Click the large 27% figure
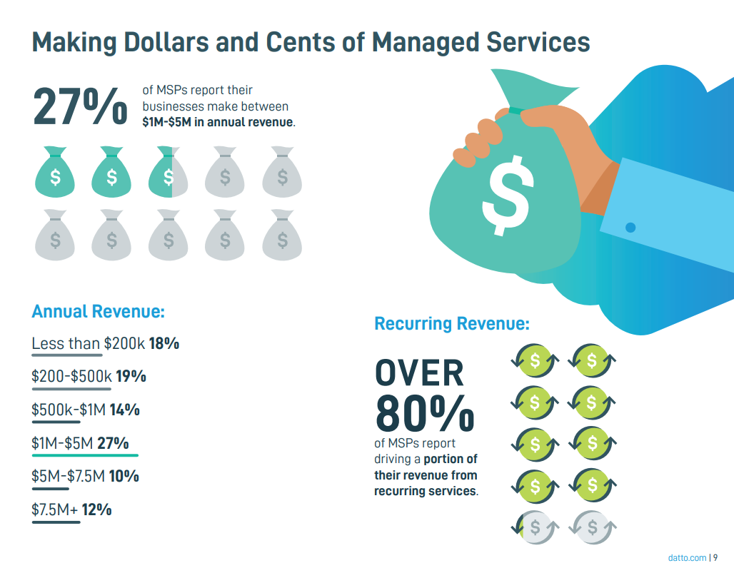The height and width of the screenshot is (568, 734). click(x=79, y=106)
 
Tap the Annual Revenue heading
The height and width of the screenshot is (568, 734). click(x=99, y=312)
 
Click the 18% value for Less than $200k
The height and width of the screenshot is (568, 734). click(x=164, y=344)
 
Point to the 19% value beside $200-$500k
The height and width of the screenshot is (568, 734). click(x=131, y=376)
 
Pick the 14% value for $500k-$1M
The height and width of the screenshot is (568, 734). click(x=124, y=410)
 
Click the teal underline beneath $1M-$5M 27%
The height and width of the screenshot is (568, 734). click(x=85, y=455)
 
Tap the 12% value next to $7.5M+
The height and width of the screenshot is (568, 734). click(x=96, y=509)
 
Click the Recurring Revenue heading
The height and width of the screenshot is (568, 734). click(x=452, y=324)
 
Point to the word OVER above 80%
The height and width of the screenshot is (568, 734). click(x=419, y=373)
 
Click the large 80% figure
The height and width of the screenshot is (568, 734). click(x=424, y=413)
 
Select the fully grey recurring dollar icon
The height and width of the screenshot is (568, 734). click(x=592, y=528)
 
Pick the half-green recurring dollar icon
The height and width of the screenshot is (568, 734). click(x=535, y=528)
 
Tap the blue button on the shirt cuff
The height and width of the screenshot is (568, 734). click(x=630, y=228)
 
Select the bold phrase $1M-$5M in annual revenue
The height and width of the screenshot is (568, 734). click(x=218, y=122)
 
